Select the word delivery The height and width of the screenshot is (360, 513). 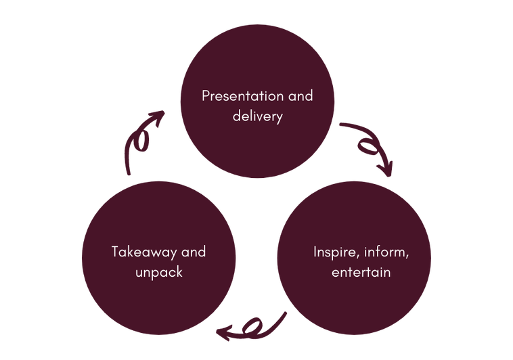(x=257, y=116)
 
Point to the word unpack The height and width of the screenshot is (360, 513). (x=158, y=273)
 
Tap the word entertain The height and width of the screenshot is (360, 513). (x=361, y=273)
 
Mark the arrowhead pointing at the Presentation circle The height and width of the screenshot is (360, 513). (x=158, y=116)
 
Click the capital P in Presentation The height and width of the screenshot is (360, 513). (x=206, y=96)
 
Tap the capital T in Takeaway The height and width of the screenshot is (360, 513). (x=116, y=252)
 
